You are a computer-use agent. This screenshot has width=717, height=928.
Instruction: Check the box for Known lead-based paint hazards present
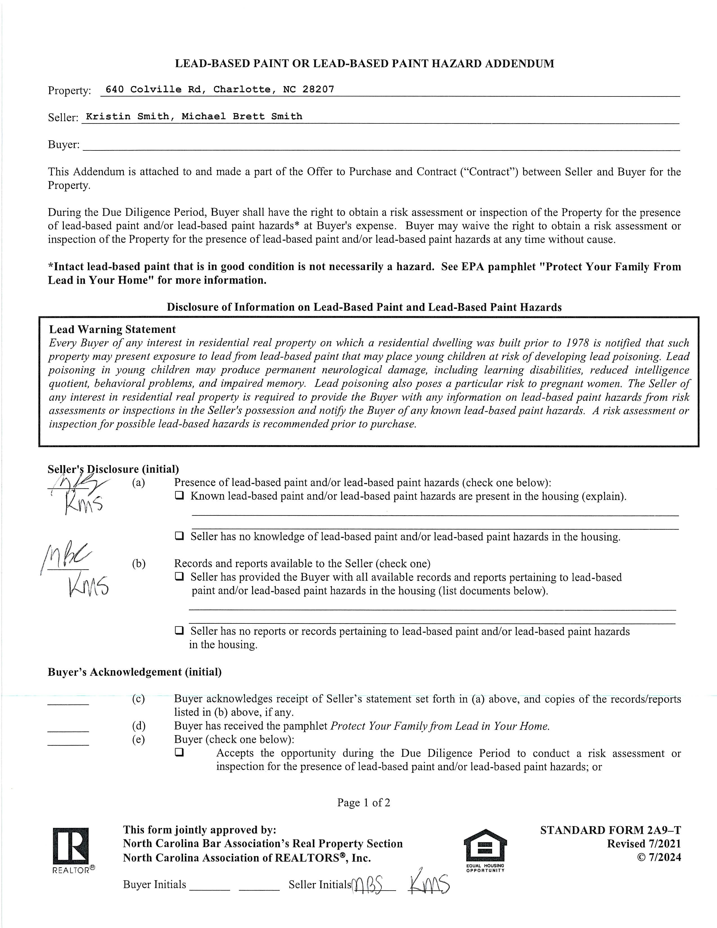click(x=180, y=495)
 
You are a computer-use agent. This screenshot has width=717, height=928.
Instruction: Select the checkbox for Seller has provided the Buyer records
click(x=180, y=576)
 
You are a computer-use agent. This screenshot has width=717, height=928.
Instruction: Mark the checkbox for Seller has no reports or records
click(x=180, y=630)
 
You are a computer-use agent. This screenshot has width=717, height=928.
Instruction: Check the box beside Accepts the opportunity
click(x=180, y=753)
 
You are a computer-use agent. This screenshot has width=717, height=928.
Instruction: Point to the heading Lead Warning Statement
click(x=112, y=329)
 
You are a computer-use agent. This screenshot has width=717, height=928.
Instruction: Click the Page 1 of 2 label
click(x=364, y=803)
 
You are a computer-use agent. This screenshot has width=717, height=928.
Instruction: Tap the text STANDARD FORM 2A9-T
click(x=610, y=830)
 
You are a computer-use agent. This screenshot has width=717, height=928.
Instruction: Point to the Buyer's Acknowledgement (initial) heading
click(x=135, y=672)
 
